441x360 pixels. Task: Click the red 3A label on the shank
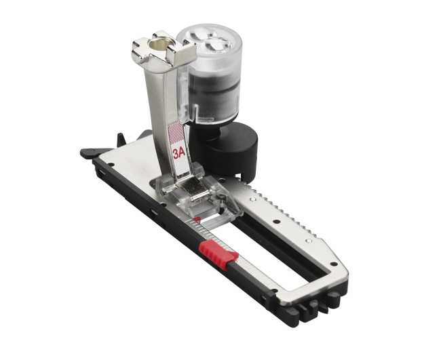point(178,153)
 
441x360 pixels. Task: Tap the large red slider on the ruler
point(218,254)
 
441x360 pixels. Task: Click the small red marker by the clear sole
point(197,218)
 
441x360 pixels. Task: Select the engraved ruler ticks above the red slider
point(208,231)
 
